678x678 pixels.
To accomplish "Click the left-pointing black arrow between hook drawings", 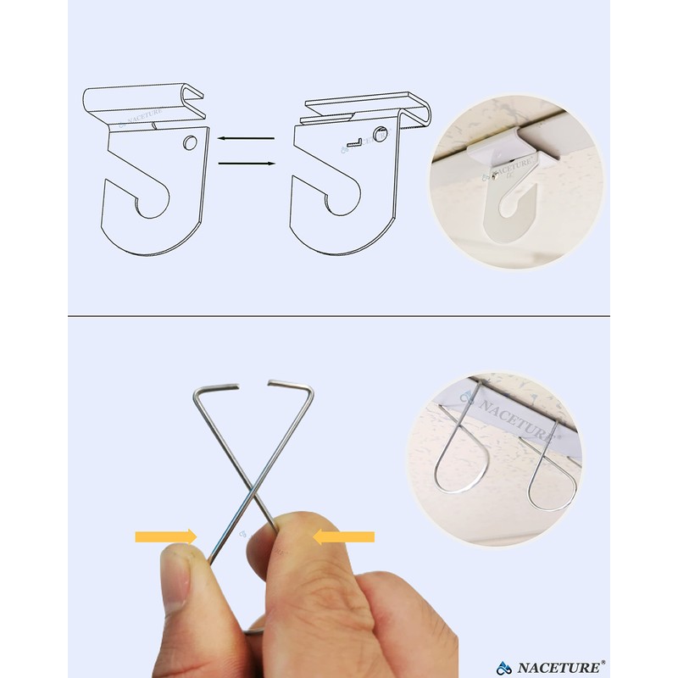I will click(x=245, y=137).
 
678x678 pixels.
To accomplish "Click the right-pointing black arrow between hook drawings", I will click(x=245, y=163).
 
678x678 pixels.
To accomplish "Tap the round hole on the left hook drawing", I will click(x=190, y=142).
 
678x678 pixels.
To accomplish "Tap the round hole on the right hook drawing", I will click(x=381, y=134).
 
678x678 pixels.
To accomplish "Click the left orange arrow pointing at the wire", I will click(x=165, y=536).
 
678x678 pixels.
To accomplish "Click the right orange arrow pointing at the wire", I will click(x=344, y=536).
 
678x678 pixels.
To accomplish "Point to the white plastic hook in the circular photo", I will click(x=508, y=195).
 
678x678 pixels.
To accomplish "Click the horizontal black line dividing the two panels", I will click(x=339, y=317).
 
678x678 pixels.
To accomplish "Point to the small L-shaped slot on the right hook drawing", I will click(x=358, y=141).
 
